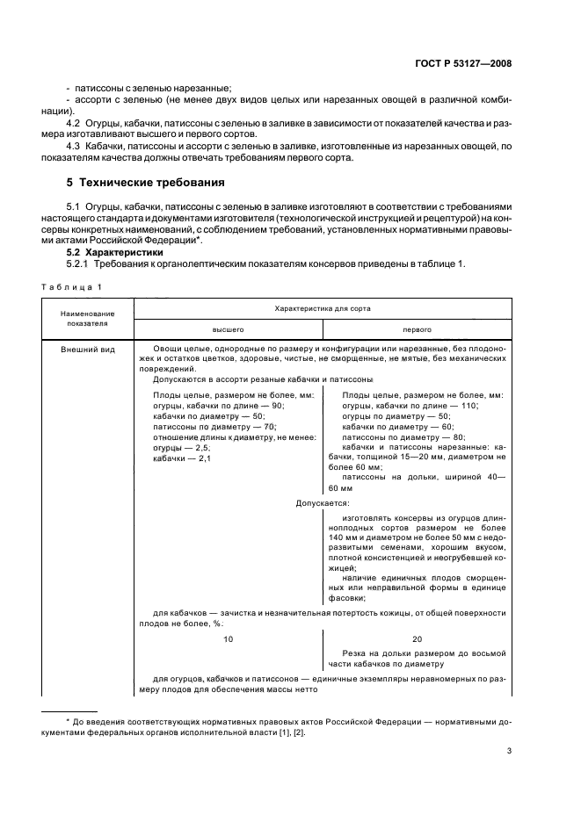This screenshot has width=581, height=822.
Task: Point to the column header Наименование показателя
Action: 85,317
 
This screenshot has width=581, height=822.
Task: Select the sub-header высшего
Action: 228,329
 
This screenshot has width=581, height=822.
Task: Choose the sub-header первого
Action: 416,329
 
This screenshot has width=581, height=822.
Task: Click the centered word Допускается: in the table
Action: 322,503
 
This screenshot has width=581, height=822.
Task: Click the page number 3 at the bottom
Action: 509,751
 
